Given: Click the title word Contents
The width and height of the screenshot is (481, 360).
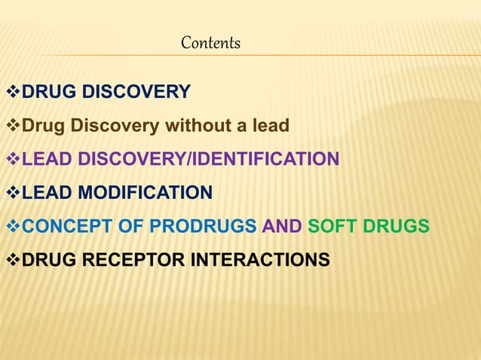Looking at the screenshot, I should tap(210, 44).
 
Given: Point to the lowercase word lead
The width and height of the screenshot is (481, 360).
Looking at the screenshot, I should tap(270, 126).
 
